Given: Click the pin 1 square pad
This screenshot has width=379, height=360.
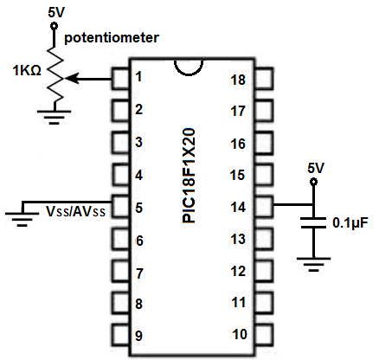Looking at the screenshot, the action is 120,78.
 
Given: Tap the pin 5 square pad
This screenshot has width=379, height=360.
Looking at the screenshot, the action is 120,207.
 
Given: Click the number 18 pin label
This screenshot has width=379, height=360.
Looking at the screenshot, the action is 238,80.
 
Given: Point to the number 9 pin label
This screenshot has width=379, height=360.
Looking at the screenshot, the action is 138,336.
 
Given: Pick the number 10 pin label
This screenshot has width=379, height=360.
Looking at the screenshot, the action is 240,334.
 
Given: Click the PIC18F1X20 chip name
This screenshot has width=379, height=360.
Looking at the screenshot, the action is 189,176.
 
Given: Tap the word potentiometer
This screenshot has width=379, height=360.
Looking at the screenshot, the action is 112,38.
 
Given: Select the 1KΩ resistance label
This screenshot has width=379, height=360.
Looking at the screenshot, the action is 27,70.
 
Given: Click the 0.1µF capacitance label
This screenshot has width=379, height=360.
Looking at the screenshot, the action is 350,222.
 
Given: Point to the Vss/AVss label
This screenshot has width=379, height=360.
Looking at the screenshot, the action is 75,211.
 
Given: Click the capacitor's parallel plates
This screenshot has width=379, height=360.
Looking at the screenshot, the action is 313,222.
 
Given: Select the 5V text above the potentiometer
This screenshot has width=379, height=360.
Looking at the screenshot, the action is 56,12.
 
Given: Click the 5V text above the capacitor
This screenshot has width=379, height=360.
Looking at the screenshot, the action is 316,168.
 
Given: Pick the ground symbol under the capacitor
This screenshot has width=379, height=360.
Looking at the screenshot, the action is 313,264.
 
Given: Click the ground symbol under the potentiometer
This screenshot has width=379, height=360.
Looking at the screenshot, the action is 55,117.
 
